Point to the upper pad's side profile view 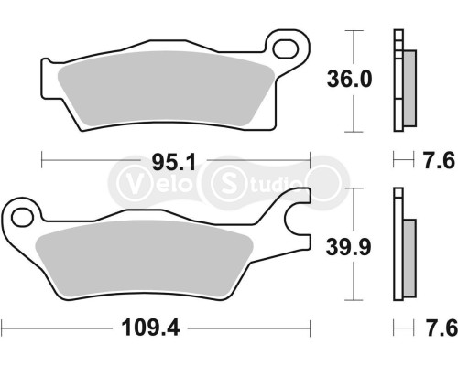click(x=403, y=81)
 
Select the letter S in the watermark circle click(x=227, y=180)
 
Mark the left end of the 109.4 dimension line click(x=2, y=326)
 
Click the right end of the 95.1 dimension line click(x=311, y=165)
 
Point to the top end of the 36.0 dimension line click(x=352, y=30)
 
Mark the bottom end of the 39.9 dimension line click(x=352, y=301)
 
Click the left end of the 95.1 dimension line click(x=42, y=165)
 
